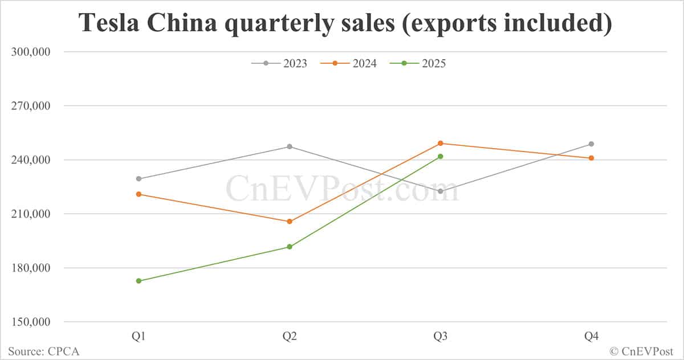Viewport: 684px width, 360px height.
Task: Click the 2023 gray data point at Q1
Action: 139,179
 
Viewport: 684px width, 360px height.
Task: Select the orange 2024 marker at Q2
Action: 290,222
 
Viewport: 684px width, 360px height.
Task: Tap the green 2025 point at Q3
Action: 440,156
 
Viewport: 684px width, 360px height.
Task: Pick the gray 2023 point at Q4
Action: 591,144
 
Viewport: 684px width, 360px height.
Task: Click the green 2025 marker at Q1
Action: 139,281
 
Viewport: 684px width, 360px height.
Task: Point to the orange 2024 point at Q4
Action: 591,158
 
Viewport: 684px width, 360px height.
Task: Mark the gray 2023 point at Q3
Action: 440,191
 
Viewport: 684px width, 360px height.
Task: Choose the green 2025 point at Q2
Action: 290,247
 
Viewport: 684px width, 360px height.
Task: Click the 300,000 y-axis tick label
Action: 31,52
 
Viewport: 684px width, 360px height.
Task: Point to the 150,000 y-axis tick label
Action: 31,322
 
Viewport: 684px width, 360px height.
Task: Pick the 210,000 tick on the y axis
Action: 31,214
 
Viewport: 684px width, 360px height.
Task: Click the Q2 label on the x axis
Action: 290,337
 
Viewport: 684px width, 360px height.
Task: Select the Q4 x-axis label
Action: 591,337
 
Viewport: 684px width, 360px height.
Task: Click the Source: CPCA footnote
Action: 44,351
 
